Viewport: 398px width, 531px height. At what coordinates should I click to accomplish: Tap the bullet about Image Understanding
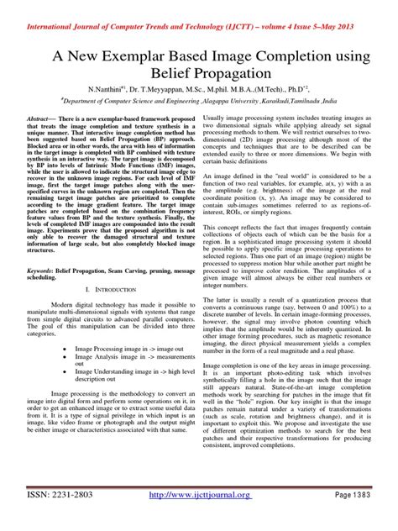[x=134, y=374]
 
